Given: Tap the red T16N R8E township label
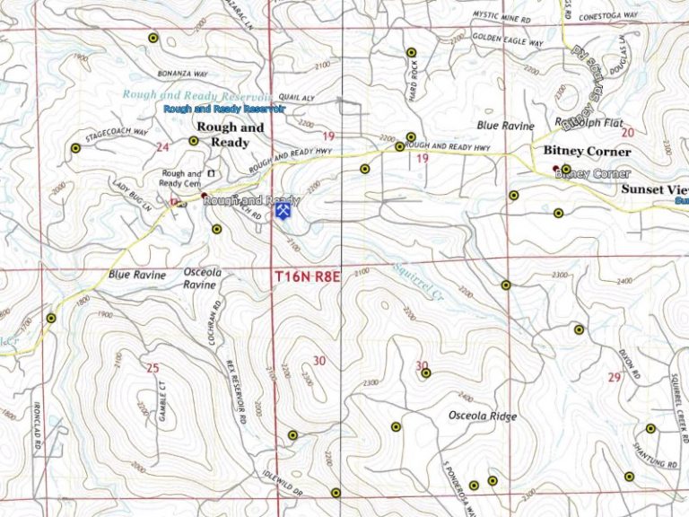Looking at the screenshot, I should click(309, 278).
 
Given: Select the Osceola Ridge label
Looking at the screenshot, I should click(482, 416).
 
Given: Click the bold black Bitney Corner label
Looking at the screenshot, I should click(587, 152).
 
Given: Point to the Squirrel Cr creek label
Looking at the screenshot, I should click(419, 278).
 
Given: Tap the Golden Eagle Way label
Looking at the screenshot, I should click(508, 41).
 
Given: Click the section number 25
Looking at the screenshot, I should click(153, 367).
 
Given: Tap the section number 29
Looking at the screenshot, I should click(614, 377).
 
